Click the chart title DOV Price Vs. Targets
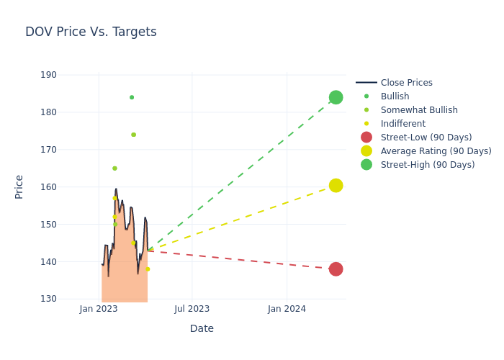tap(91, 32)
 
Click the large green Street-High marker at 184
tap(336, 97)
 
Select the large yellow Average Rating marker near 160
tap(336, 186)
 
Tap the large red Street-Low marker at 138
tap(336, 269)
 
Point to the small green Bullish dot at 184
tap(132, 97)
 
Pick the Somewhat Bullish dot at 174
tap(133, 135)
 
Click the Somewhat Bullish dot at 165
tap(114, 168)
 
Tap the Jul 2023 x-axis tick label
tap(192, 309)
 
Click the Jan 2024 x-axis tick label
tap(287, 309)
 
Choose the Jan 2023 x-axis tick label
tap(99, 309)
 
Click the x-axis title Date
tap(202, 328)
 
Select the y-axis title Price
tap(19, 186)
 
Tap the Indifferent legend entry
tap(402, 124)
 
